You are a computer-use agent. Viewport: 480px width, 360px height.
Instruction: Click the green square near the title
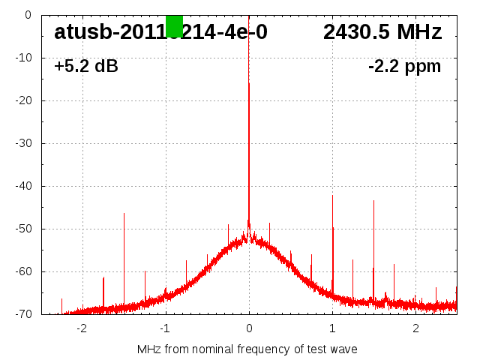coord(174,25)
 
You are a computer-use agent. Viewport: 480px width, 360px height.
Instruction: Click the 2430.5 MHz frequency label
coord(382,32)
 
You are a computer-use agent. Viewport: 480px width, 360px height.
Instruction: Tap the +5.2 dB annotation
coord(85,67)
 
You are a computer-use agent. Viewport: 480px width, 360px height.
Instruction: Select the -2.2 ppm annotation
coord(404,67)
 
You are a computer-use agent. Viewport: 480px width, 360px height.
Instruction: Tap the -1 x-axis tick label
coord(164,328)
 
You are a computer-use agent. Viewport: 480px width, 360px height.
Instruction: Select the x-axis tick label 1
coord(332,328)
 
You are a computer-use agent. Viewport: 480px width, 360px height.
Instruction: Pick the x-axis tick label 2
coord(415,328)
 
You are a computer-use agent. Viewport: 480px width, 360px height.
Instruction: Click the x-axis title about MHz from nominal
coord(247,349)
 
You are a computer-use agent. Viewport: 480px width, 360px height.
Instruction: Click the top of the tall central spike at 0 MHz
coord(249,83)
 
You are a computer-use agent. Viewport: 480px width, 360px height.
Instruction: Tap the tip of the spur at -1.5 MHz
coord(124,214)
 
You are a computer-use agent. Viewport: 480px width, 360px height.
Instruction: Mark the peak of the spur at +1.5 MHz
coord(373,201)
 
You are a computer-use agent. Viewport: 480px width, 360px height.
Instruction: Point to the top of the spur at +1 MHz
coord(332,196)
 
